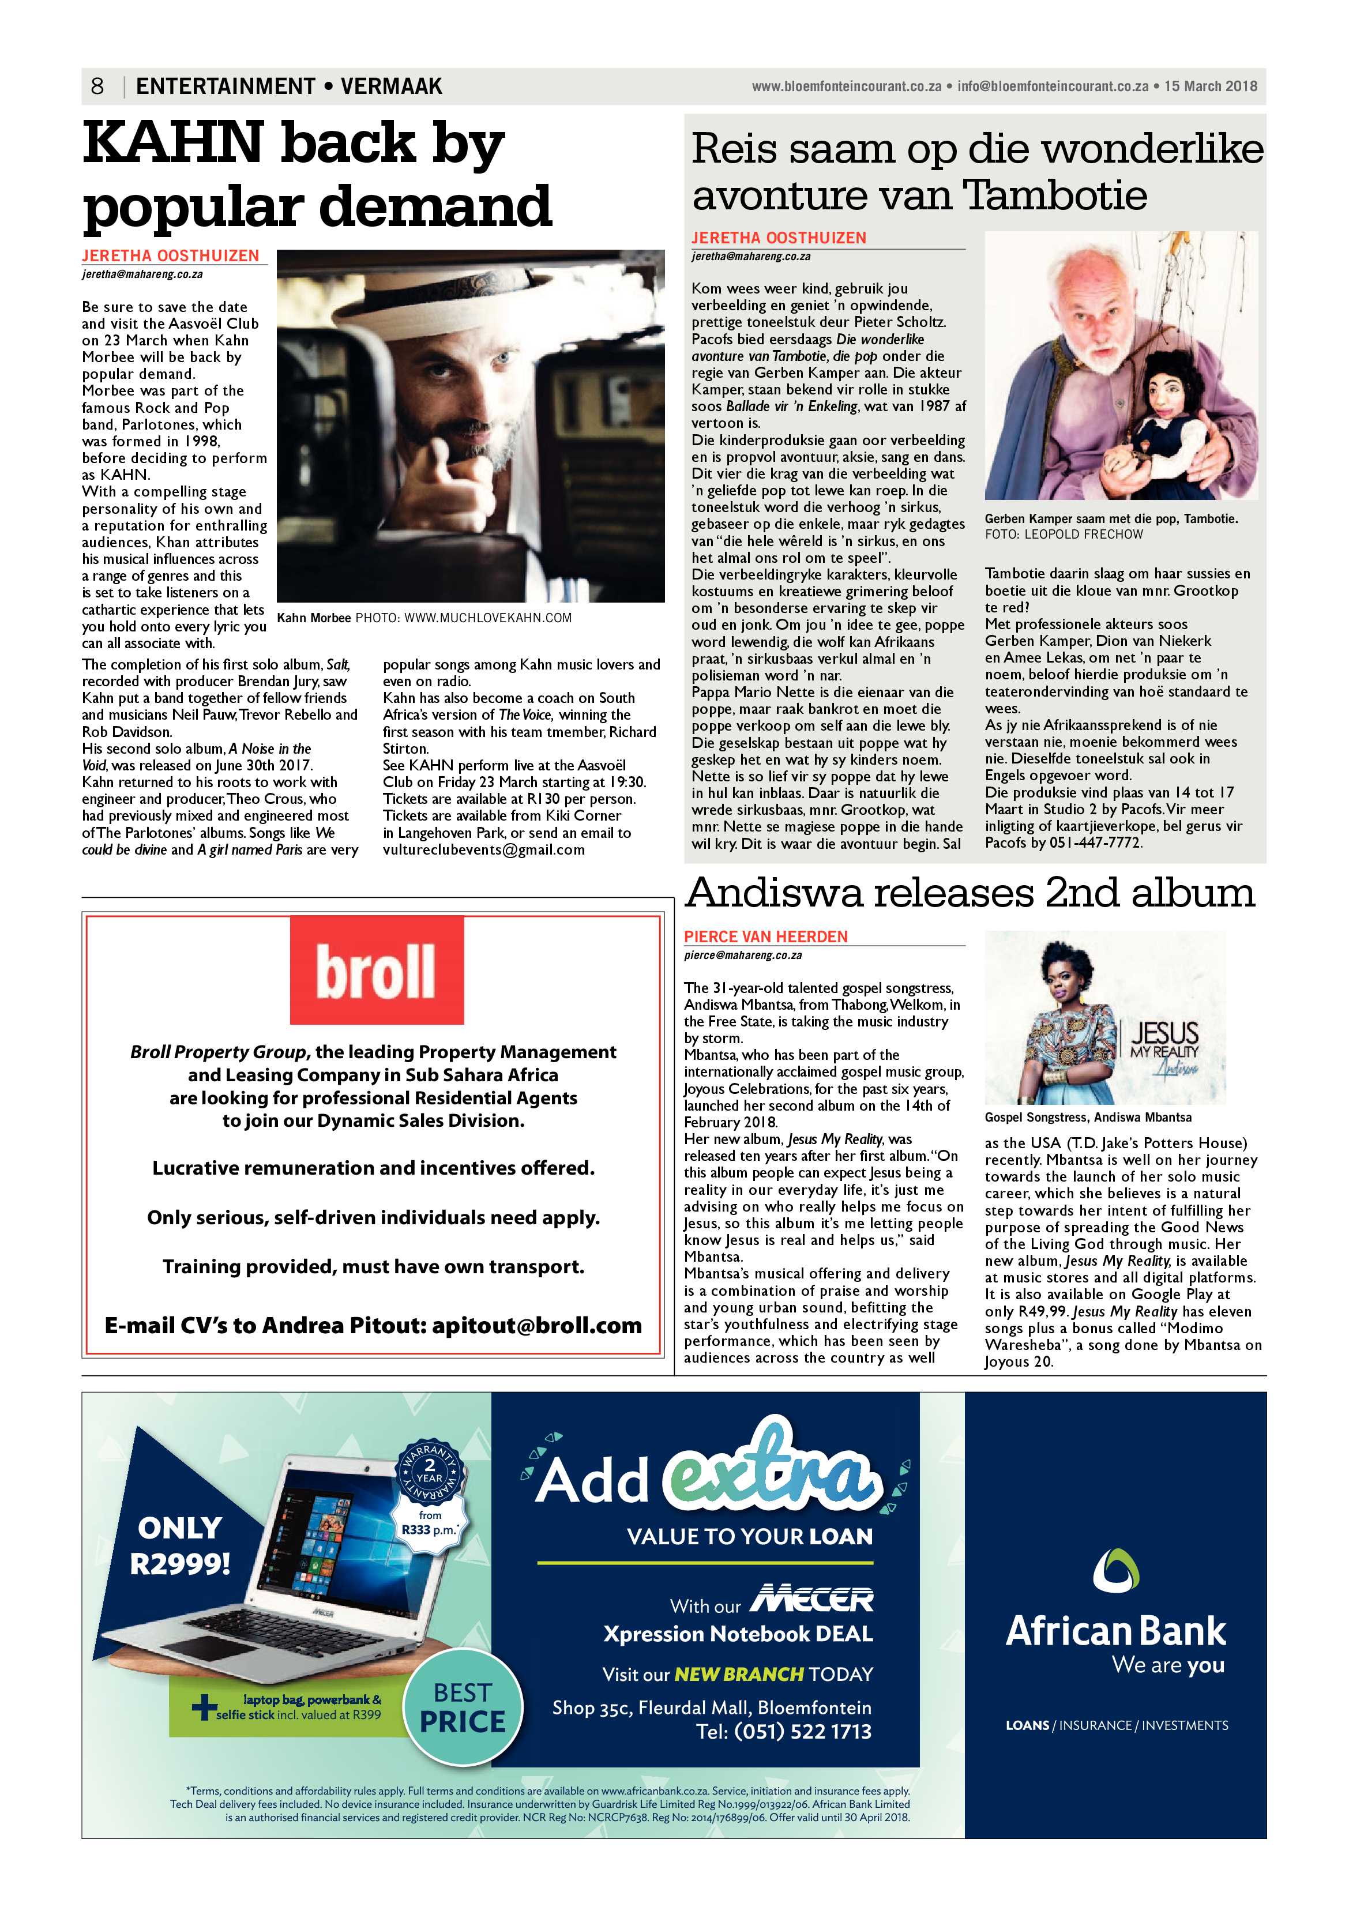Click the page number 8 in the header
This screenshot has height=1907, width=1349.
coord(97,86)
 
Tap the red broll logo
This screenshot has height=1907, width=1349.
coord(376,970)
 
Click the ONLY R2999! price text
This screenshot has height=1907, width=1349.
coord(181,1545)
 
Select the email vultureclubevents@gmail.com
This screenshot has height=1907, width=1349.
coord(483,849)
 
